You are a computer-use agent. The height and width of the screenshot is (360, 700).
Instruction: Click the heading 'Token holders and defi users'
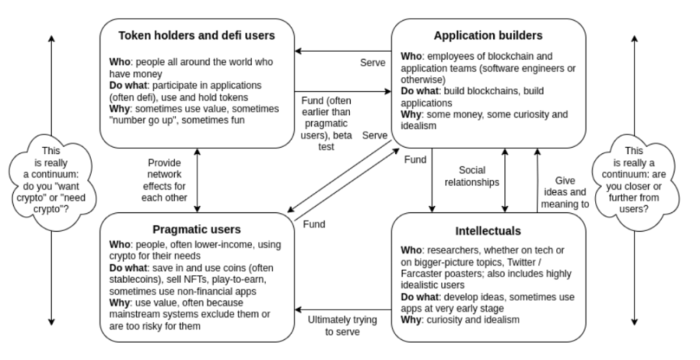pos(197,35)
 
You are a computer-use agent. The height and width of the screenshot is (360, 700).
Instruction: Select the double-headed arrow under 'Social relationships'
pos(506,181)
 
